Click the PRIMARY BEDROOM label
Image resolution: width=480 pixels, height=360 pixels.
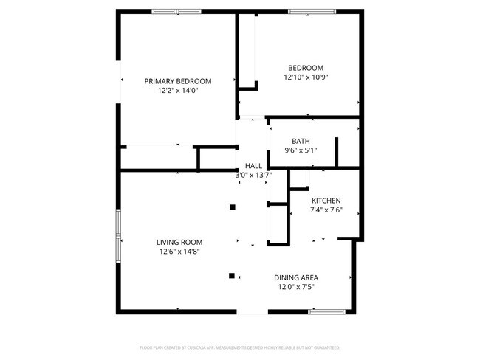(178, 81)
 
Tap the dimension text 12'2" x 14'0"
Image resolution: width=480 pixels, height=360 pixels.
(178, 91)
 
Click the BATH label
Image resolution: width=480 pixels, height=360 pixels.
(301, 141)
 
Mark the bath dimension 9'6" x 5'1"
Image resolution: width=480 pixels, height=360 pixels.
(301, 150)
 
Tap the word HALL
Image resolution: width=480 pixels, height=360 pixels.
(253, 166)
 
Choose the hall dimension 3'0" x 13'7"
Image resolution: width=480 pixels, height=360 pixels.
(253, 175)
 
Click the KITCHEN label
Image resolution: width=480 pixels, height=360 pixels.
(326, 201)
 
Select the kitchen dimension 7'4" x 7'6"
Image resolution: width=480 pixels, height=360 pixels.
(326, 210)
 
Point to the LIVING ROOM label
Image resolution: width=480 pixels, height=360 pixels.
(179, 242)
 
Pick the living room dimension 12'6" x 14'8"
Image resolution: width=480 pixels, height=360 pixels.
(179, 252)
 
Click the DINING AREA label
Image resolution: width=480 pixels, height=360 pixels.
(297, 277)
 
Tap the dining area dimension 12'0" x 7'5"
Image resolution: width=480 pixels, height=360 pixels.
(297, 287)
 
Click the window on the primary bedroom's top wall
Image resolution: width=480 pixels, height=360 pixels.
(176, 11)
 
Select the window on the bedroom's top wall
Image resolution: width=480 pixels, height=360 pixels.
(309, 11)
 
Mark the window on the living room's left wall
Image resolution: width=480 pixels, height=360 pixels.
(117, 235)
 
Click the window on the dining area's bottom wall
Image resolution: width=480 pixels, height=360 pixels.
(327, 312)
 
